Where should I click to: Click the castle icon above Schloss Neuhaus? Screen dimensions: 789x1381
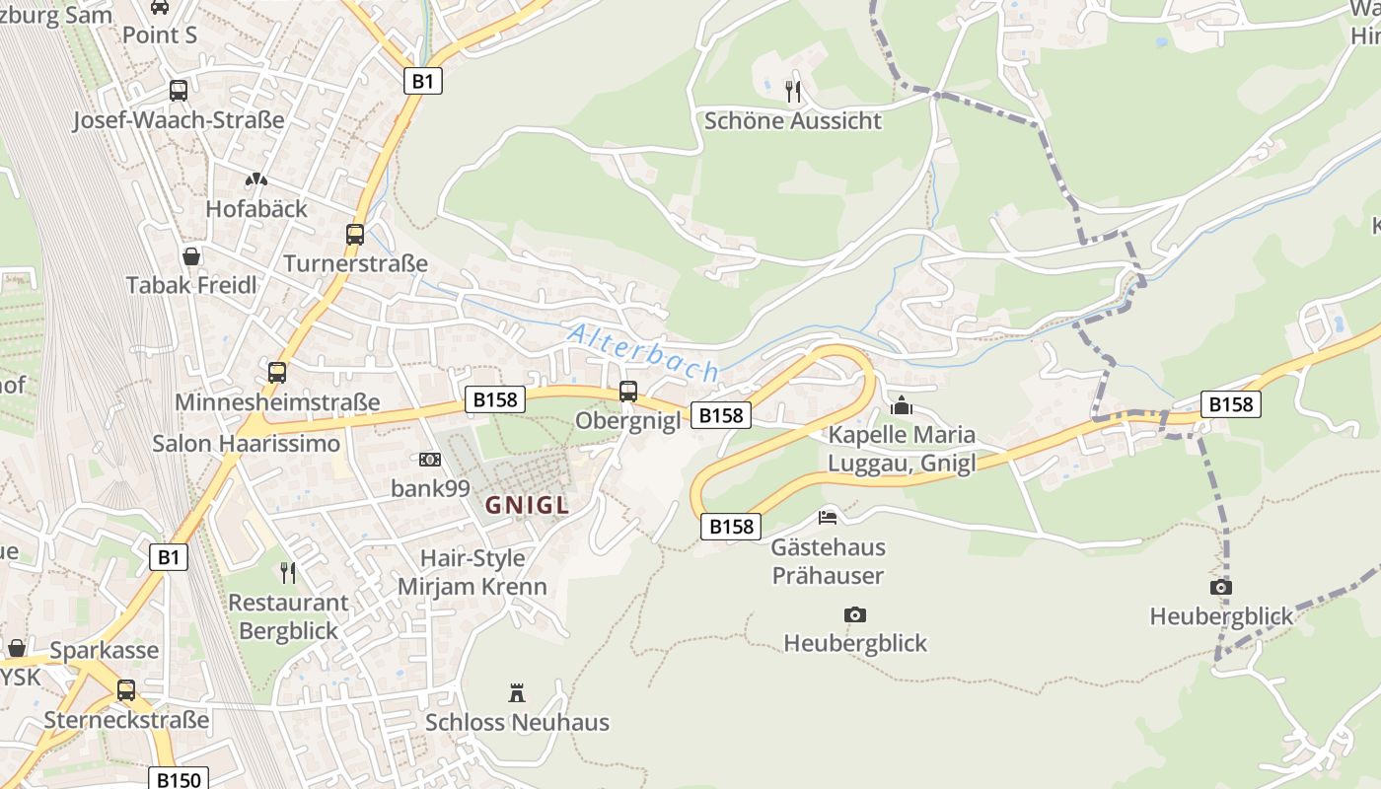[516, 692]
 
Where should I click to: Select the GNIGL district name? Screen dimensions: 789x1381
[527, 506]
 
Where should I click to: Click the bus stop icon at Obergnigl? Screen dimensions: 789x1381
[628, 392]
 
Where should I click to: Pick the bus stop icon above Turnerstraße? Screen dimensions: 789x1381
[355, 235]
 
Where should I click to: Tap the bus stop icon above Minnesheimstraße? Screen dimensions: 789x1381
[277, 373]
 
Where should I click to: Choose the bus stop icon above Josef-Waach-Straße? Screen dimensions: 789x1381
[179, 91]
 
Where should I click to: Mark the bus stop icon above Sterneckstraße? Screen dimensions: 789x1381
[126, 690]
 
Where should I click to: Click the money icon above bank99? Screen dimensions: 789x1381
[429, 460]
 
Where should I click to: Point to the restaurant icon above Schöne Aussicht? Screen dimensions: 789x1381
[792, 92]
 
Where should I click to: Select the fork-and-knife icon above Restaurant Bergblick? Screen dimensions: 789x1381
[288, 573]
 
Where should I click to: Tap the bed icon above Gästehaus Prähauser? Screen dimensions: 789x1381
[828, 518]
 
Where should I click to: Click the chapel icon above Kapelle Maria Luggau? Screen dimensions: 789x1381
[901, 405]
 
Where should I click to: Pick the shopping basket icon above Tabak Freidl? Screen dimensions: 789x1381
[191, 256]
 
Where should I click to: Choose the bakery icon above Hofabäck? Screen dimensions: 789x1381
[256, 180]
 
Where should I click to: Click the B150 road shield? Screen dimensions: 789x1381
[179, 779]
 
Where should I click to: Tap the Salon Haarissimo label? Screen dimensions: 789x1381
[246, 444]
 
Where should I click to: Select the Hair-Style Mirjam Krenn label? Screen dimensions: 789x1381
[472, 572]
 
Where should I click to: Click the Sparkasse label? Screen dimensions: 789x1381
[104, 651]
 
